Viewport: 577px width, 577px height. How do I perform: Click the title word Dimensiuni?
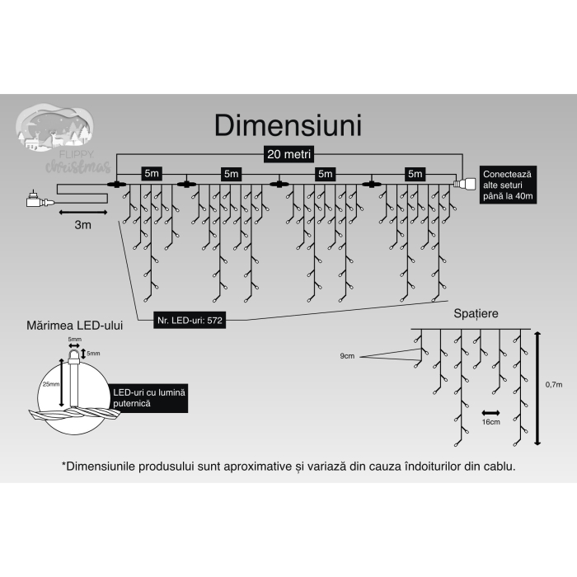tap(288, 126)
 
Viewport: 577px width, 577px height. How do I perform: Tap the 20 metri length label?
tap(288, 154)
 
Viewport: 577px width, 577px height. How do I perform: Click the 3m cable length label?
tap(82, 225)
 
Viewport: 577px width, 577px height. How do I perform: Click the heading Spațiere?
tap(476, 314)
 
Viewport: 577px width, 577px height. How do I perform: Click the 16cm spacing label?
tap(491, 421)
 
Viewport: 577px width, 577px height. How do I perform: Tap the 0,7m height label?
tap(553, 385)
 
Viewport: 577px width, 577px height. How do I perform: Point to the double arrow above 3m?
tap(82, 213)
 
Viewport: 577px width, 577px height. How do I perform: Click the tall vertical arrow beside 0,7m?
tap(537, 387)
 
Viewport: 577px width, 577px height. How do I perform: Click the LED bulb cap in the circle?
tap(76, 354)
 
